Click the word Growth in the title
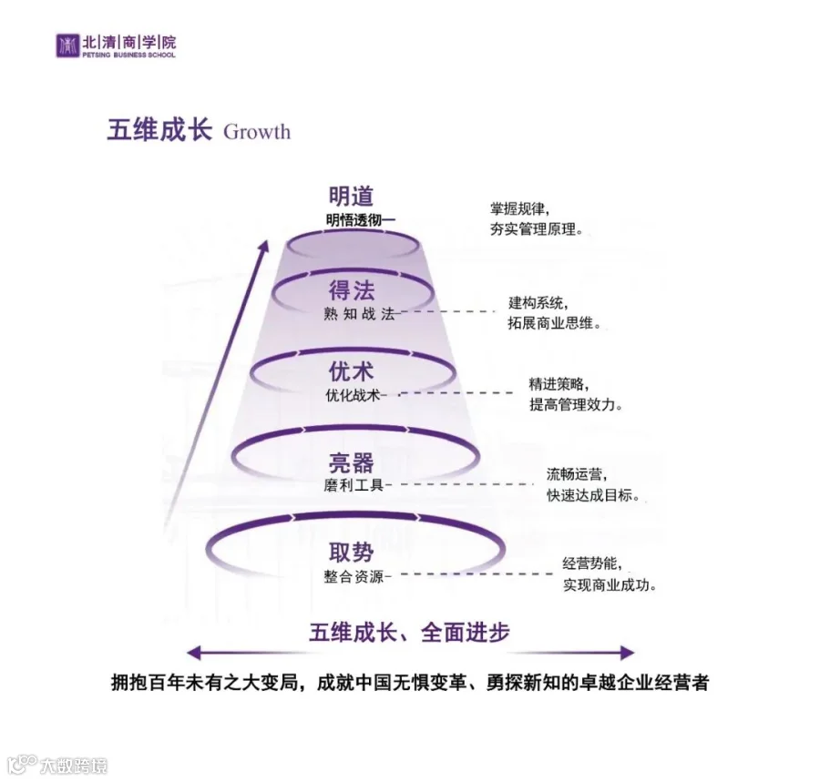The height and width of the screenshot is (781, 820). click(x=257, y=131)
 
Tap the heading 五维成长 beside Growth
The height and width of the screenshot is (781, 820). click(x=159, y=130)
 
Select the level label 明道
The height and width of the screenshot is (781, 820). click(x=352, y=196)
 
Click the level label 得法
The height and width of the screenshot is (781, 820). click(x=352, y=290)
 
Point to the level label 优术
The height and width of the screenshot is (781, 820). click(x=352, y=372)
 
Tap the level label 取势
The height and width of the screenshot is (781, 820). click(x=352, y=552)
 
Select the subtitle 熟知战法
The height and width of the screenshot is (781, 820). click(x=359, y=313)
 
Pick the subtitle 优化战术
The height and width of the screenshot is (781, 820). click(x=353, y=395)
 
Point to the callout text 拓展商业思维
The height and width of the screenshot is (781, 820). click(x=554, y=323)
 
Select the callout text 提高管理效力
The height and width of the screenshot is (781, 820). click(x=576, y=405)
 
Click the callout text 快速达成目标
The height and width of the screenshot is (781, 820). click(x=592, y=496)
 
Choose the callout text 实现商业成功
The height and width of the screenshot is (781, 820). click(x=609, y=585)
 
